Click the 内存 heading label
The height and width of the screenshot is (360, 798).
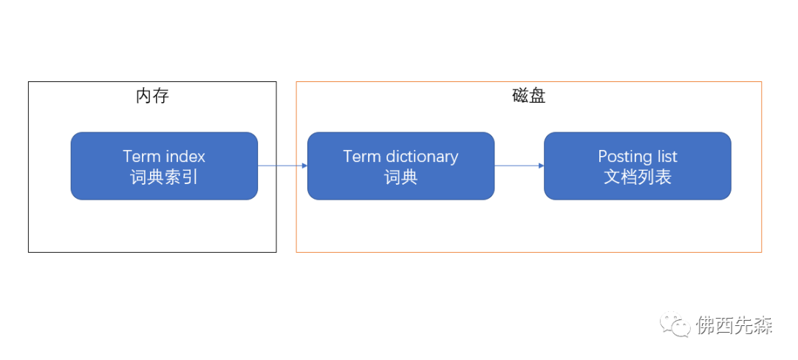click(x=152, y=95)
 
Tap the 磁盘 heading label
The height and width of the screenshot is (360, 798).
click(x=529, y=95)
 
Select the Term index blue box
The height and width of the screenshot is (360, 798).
click(x=164, y=166)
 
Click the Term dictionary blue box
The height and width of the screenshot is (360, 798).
click(x=401, y=166)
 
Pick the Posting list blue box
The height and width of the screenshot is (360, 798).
click(x=638, y=166)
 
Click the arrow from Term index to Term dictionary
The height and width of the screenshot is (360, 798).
click(x=282, y=166)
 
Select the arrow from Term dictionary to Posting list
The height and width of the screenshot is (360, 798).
click(x=519, y=166)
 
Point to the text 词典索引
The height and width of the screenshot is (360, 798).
click(x=164, y=177)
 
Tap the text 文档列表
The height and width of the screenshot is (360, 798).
click(x=638, y=177)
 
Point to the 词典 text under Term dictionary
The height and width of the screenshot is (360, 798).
click(x=401, y=177)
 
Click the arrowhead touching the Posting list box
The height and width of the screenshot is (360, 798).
click(x=541, y=166)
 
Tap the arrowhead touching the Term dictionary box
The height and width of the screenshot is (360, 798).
click(x=304, y=166)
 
